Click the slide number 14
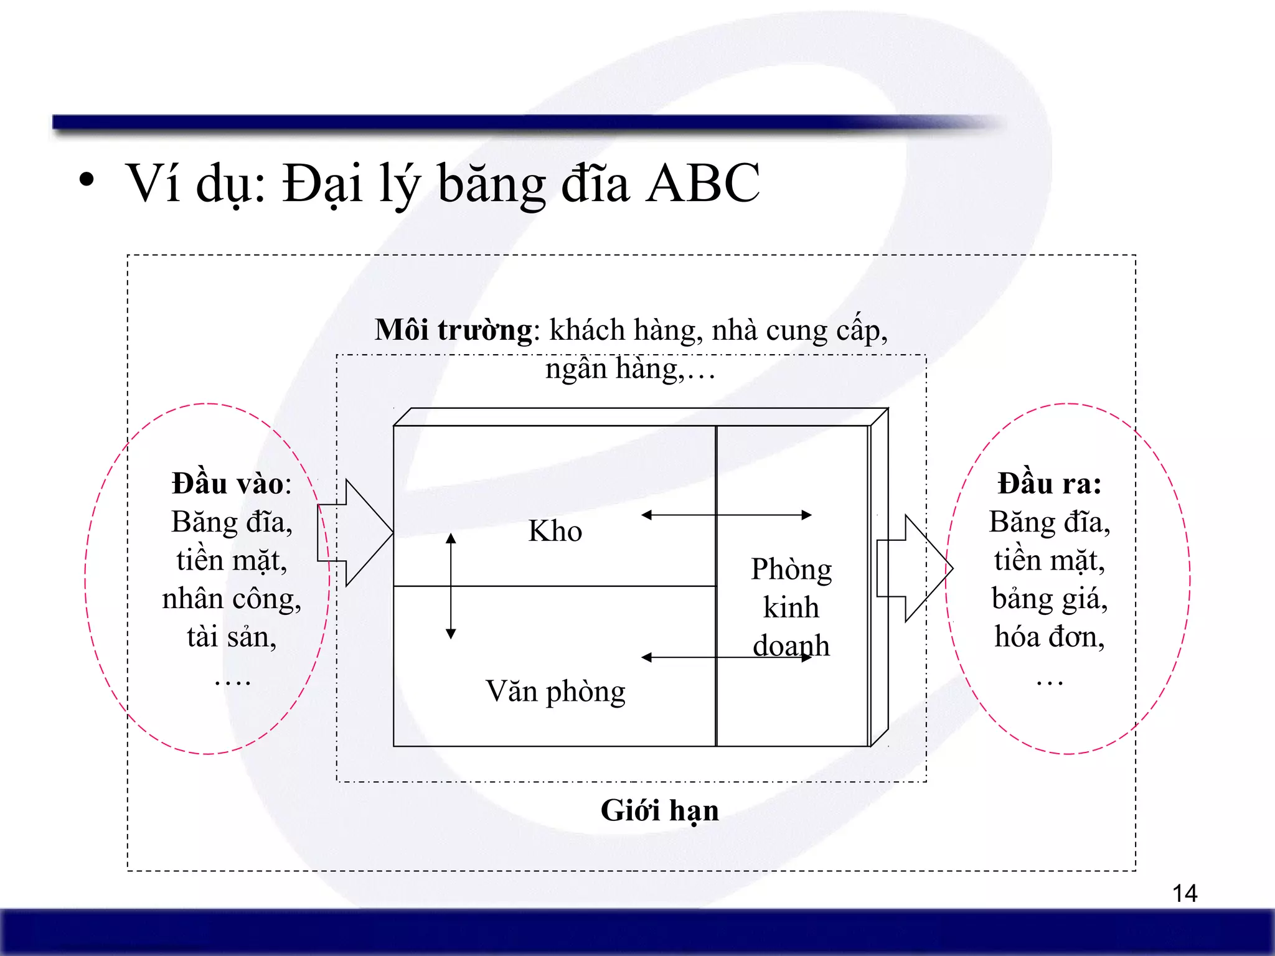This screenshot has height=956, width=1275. pos(1184,893)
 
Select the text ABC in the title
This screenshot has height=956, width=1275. pos(702,182)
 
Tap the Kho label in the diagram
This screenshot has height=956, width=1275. pos(555,531)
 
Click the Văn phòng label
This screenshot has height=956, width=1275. pos(555,691)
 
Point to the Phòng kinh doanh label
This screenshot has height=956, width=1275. pos(791,607)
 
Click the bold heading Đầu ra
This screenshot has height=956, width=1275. pos(1049,484)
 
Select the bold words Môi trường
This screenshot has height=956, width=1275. pos(453,329)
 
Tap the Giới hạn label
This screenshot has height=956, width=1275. pos(659,810)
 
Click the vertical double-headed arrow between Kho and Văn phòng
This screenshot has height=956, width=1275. pos(451,586)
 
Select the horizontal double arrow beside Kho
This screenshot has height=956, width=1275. pos(726,515)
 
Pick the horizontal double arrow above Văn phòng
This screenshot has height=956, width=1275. pos(726,657)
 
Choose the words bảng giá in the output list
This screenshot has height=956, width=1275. pos(1049,599)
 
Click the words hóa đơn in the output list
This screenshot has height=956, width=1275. pos(1049,637)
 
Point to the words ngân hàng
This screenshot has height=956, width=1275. pos(613,368)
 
